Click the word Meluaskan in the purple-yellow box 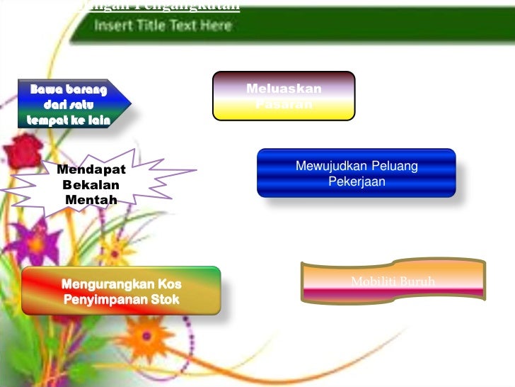click(284, 89)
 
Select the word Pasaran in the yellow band click(284, 105)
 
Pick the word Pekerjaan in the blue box click(357, 181)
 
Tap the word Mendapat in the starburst click(91, 170)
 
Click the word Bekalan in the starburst click(91, 185)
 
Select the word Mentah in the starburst click(91, 200)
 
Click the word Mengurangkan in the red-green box click(105, 284)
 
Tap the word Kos click(167, 284)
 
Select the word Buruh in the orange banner click(417, 283)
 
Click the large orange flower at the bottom click(144, 333)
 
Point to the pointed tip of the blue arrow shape click(130, 103)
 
